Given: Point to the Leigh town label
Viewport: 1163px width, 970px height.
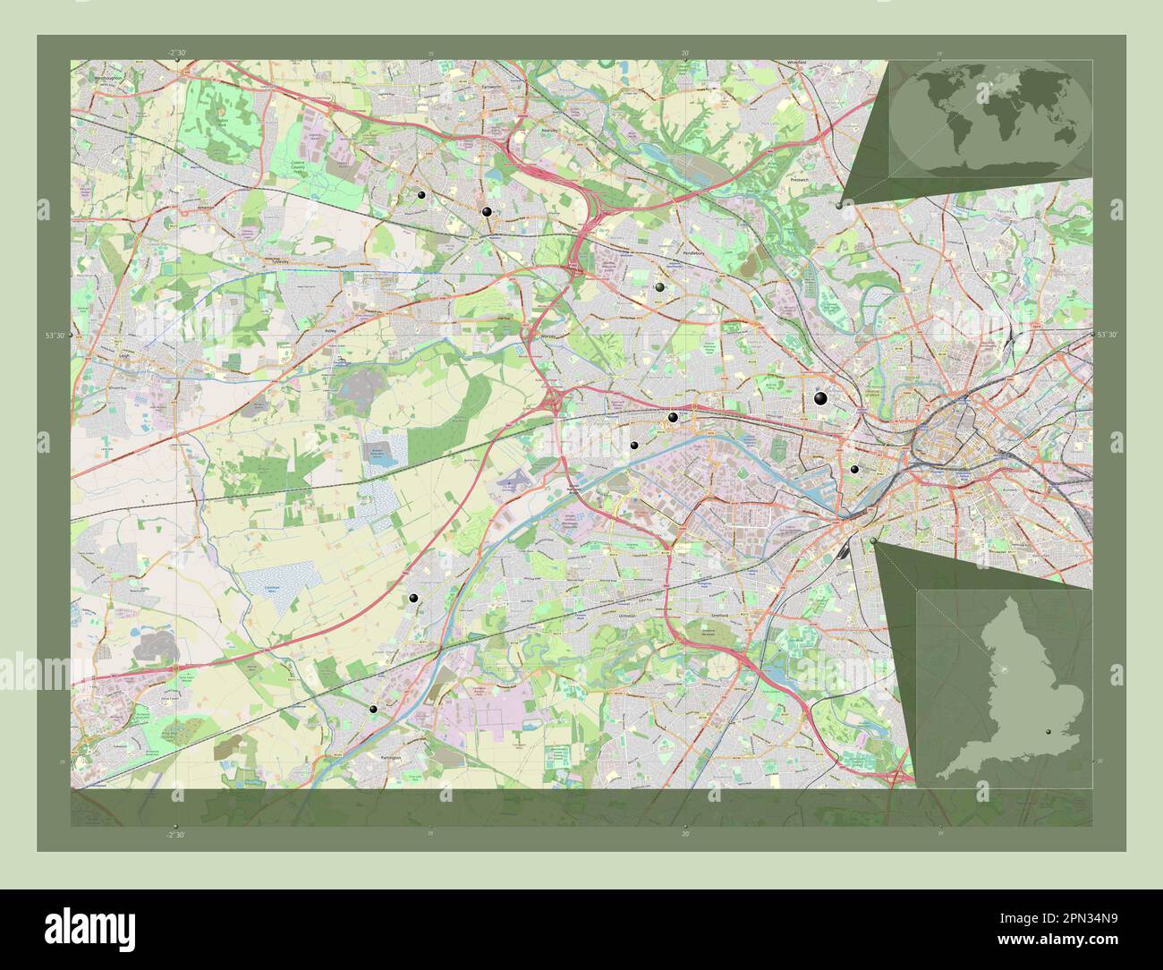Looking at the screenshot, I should (123, 354).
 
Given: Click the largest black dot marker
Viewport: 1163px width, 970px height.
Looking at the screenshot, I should (820, 399).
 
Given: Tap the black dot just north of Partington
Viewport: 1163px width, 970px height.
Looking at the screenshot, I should (373, 709).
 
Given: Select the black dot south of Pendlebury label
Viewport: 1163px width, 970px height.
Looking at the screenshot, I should (659, 287).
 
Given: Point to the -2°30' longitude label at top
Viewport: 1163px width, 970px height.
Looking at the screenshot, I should (176, 53).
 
